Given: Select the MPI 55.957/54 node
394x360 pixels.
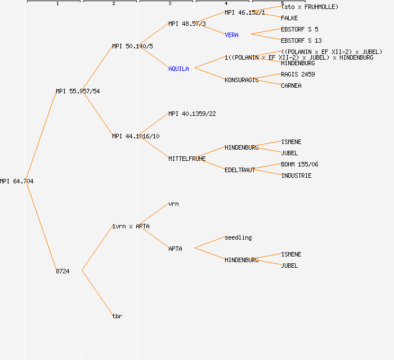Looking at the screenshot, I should coord(78,91).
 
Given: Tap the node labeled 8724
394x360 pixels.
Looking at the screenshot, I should coord(62,271).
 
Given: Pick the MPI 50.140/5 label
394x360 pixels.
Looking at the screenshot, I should coord(132,46).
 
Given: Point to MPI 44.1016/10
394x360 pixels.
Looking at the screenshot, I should coord(136,136).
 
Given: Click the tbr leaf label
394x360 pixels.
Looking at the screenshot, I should coord(117,316).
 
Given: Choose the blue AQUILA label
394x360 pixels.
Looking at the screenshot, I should coord(178,69).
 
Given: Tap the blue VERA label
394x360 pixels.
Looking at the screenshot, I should coord(231,35).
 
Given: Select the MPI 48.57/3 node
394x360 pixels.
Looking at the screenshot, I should coord(187,24).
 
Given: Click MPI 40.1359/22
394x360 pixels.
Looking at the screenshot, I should coord(192,114).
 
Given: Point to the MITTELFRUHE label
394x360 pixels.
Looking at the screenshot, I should coord(187,159).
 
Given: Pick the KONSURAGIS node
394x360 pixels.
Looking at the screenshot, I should coord(241,80).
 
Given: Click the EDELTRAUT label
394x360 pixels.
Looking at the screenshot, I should coord(240,170).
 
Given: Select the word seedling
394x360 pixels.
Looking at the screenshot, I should coord(238,237).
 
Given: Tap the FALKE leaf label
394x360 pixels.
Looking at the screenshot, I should coord(289,18).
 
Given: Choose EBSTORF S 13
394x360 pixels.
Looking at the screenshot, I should coord(301,40).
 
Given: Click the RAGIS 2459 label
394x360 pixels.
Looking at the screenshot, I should coord(298,74).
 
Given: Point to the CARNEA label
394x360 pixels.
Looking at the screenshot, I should coord(291,85).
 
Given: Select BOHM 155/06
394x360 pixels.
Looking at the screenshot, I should coord(299,164).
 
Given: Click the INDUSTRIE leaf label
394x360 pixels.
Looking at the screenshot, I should coord(296,175).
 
